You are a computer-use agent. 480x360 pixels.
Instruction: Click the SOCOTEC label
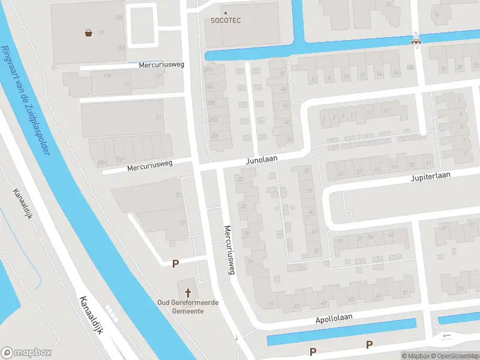tap(226, 20)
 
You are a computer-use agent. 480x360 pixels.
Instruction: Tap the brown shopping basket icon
tap(89, 33)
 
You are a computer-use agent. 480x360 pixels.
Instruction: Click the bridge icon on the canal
tap(415, 41)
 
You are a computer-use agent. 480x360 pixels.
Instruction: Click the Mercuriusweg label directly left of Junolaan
tap(149, 166)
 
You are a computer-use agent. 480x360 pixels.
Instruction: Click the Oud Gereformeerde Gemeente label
tap(188, 307)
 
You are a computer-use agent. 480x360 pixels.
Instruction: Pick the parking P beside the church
tap(176, 263)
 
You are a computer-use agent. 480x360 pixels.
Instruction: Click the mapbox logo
tap(26, 352)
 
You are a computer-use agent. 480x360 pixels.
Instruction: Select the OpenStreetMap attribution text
tap(457, 356)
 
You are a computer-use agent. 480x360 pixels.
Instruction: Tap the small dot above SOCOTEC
tap(226, 13)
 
